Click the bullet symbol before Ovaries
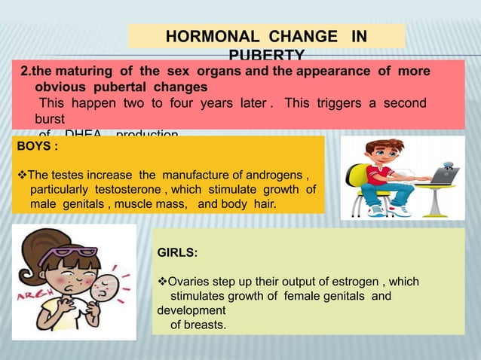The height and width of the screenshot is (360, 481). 161,282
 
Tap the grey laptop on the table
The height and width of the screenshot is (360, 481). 441,175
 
